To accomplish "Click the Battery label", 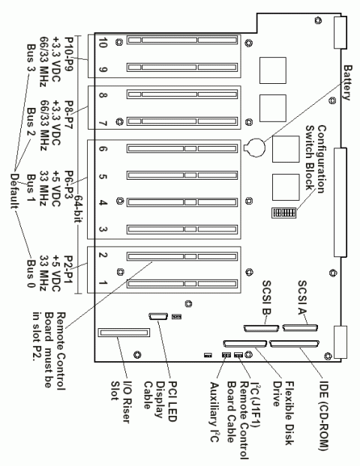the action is pyautogui.click(x=348, y=83).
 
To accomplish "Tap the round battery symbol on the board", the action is pyautogui.click(x=254, y=147).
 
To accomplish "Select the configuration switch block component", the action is pyautogui.click(x=283, y=213).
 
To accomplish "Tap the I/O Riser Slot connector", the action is pyautogui.click(x=124, y=333).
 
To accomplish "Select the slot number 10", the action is pyautogui.click(x=102, y=43).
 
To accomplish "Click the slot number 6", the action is pyautogui.click(x=102, y=148).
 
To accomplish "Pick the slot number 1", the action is pyautogui.click(x=102, y=282).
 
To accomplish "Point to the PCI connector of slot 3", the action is pyautogui.click(x=182, y=229).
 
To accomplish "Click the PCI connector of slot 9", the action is pyautogui.click(x=182, y=67).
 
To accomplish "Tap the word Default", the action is pyautogui.click(x=15, y=191).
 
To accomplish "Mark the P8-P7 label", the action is pyautogui.click(x=69, y=115).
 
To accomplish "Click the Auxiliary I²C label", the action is pyautogui.click(x=214, y=412).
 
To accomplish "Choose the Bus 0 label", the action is pyautogui.click(x=31, y=273).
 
